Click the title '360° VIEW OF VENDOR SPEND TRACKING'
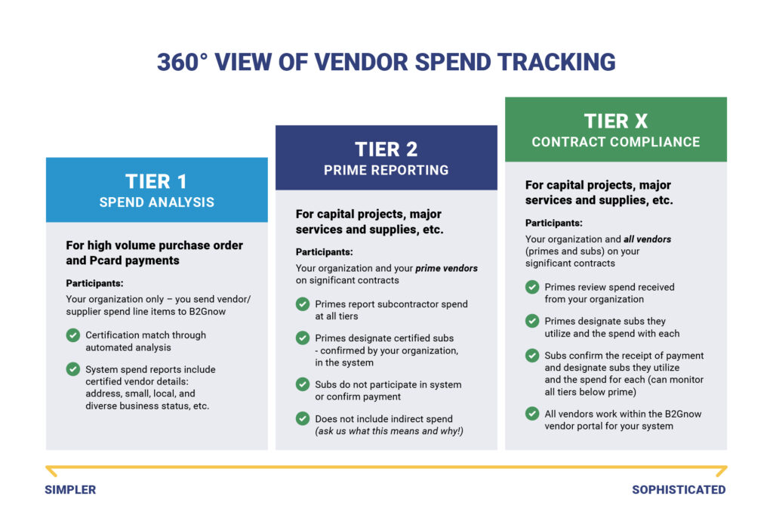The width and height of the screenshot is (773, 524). pos(386,63)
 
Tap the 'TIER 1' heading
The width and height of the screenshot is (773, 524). pos(156,181)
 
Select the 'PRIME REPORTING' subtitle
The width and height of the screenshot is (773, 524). pos(386,170)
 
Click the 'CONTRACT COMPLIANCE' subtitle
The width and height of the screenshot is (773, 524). pos(616,142)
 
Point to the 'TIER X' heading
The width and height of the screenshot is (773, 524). pos(616,121)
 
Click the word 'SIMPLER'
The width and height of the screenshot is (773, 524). pos(70,489)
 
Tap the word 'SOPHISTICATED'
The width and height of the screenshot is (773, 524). pos(679,489)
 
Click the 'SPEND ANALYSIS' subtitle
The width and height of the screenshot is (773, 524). pos(157,202)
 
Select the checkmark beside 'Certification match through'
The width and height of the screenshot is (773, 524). pos(73,335)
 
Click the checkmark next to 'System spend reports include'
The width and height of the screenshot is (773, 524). pos(73,369)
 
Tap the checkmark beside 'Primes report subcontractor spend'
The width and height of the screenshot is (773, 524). pos(303,304)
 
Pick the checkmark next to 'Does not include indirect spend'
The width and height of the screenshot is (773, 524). pos(303,418)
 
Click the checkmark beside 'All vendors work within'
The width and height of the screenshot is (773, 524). pos(532,414)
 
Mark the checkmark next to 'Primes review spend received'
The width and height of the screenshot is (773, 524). pos(532,287)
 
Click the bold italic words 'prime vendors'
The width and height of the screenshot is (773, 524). pos(447,268)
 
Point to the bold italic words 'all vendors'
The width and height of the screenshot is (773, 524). pos(647,239)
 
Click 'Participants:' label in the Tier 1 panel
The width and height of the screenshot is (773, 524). pos(94,283)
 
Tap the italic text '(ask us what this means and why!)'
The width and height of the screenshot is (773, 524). pos(390,431)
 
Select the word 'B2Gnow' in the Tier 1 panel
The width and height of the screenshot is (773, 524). pos(208,312)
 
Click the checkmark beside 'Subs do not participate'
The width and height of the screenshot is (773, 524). pos(303,384)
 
